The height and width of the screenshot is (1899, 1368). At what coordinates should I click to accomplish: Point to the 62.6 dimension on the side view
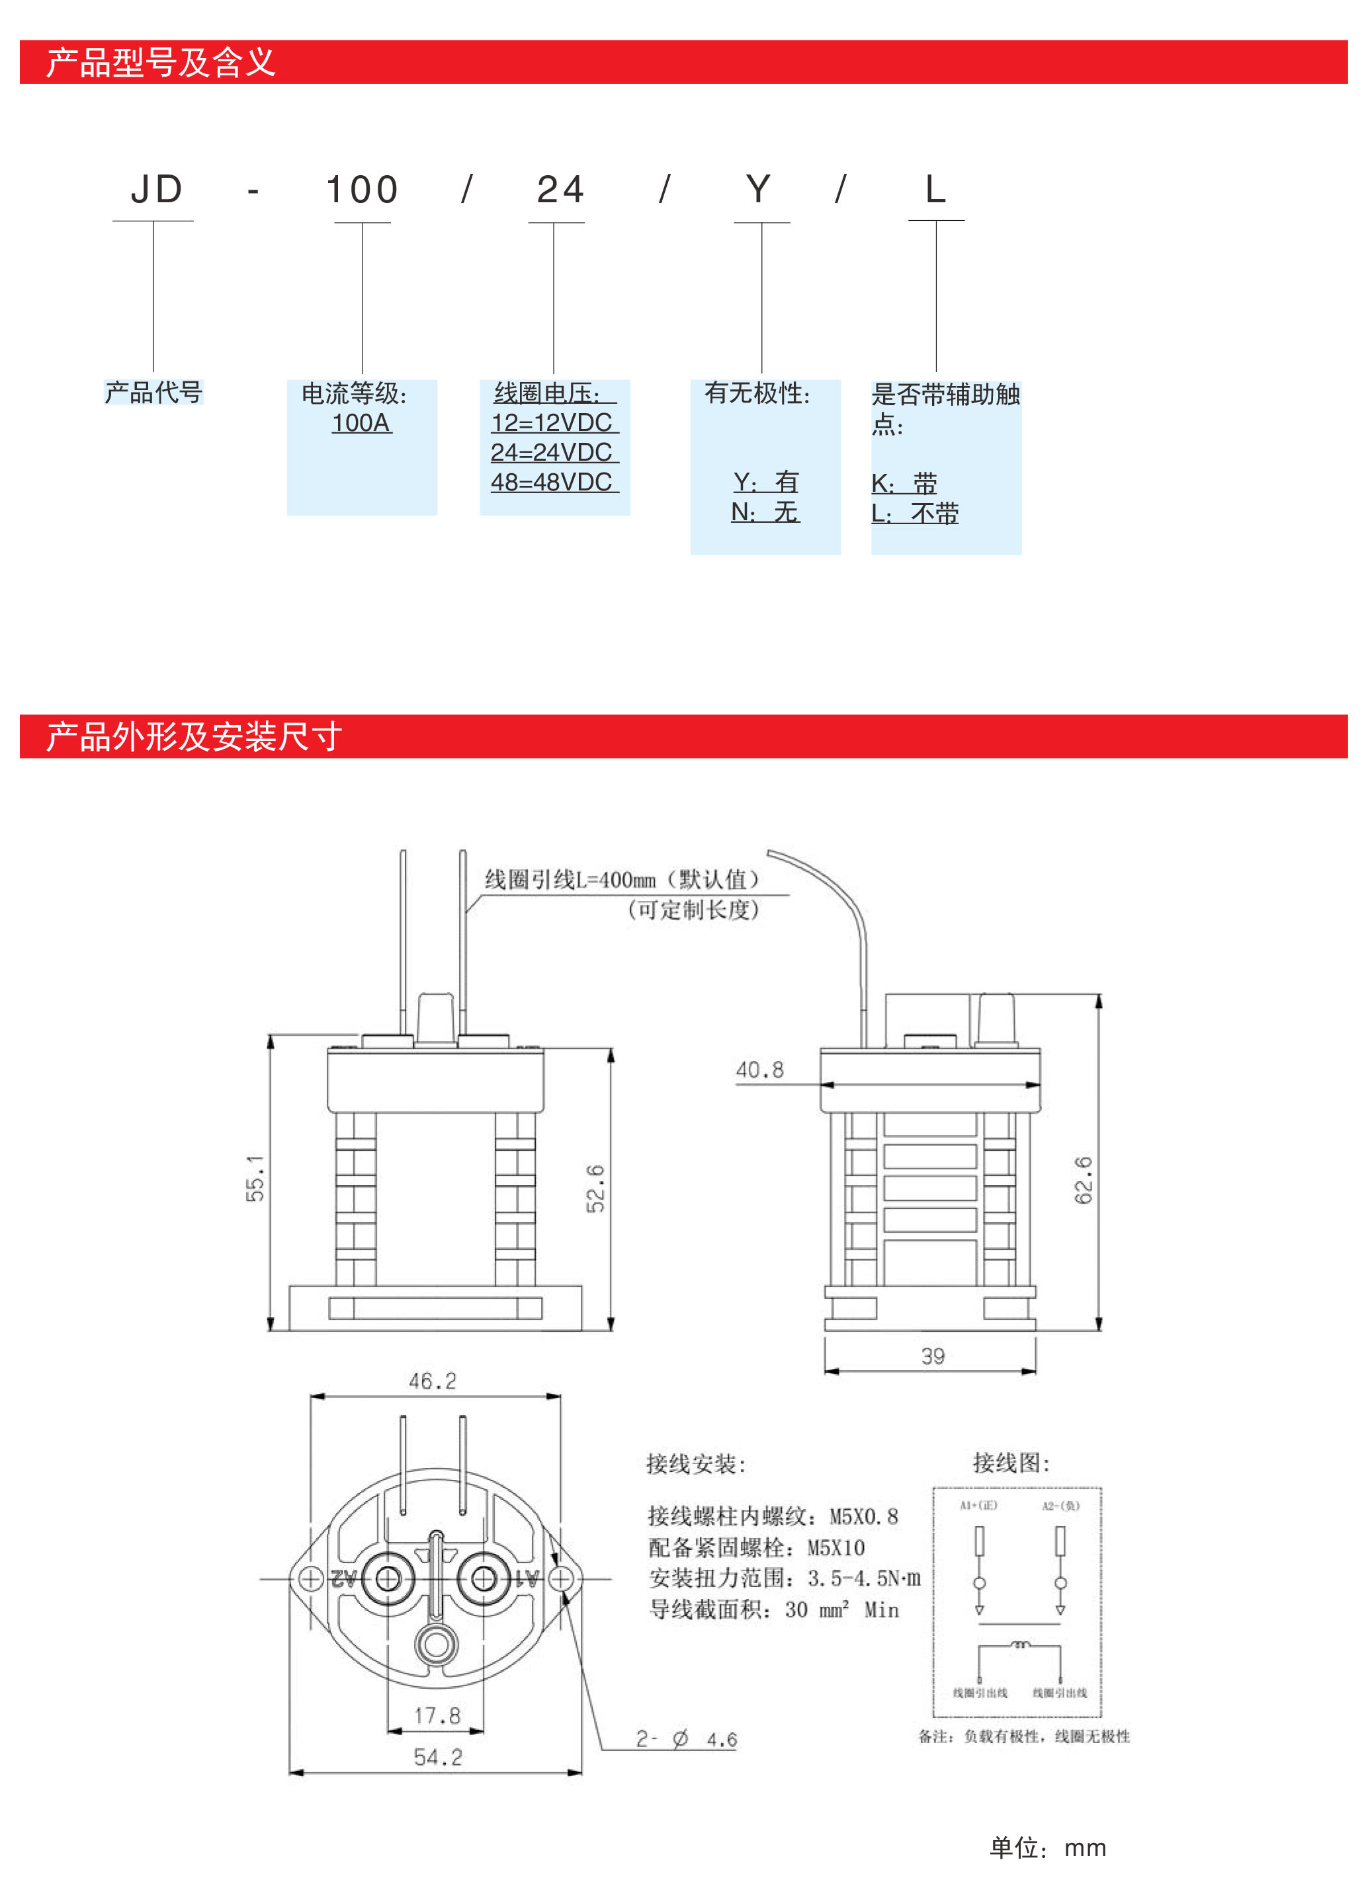pos(1083,1180)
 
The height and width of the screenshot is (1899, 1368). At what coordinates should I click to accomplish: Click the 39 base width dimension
pos(932,1356)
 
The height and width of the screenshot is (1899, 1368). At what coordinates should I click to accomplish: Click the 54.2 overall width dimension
pos(437,1757)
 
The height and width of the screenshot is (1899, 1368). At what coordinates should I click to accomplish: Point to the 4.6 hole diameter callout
pos(720,1740)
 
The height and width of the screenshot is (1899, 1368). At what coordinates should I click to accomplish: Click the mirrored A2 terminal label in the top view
pos(344,1579)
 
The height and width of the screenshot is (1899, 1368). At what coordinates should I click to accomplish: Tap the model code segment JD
pos(156,190)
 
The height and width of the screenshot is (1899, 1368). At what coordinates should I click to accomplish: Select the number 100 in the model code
pos(362,190)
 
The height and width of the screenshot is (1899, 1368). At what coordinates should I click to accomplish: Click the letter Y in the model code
pos(758,190)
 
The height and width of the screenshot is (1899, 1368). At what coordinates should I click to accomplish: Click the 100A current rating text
pos(361,423)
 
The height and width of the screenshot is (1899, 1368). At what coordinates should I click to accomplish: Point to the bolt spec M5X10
pos(835,1547)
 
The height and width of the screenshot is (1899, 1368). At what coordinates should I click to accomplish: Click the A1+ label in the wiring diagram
pos(978,1506)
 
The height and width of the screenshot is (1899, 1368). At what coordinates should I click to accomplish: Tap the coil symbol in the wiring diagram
pos(1019,1645)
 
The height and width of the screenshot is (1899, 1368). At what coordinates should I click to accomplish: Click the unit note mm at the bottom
pos(1085,1848)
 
